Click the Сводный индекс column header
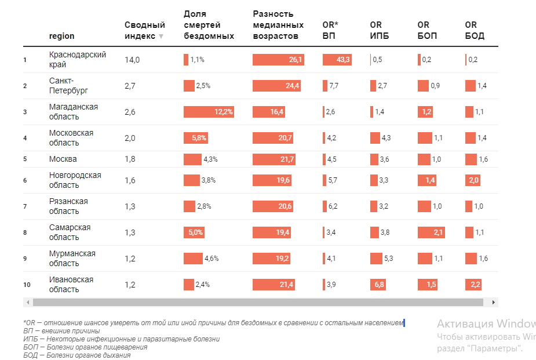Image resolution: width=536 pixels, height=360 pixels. [x=144, y=30]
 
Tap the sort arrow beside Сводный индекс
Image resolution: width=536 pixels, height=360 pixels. [x=161, y=36]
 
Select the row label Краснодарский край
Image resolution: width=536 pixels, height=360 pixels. [x=78, y=60]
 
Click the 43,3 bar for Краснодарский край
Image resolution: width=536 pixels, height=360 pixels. [x=337, y=60]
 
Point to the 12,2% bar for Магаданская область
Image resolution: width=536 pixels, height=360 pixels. [x=209, y=112]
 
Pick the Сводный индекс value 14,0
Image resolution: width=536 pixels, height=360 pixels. [x=132, y=60]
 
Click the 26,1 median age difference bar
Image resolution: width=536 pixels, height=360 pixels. [x=278, y=60]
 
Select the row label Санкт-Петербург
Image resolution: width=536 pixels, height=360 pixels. [x=68, y=86]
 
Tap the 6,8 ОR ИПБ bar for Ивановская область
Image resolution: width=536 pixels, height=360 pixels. [x=378, y=285]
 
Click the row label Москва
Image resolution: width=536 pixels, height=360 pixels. [x=63, y=159]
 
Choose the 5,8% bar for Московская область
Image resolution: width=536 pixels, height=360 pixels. [x=195, y=138]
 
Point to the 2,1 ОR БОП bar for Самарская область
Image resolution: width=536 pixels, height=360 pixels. [x=432, y=232]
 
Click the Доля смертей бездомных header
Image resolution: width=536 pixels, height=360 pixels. [x=209, y=24]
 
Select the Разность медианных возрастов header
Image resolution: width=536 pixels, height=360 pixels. [x=278, y=24]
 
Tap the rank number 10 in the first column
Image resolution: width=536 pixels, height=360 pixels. [x=26, y=285]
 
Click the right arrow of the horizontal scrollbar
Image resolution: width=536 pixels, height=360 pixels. [x=494, y=302]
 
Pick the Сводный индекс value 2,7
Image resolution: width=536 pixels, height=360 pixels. [x=130, y=86]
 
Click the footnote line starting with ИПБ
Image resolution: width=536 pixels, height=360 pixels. [x=122, y=339]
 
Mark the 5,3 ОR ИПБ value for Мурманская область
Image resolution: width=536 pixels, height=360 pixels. [x=389, y=259]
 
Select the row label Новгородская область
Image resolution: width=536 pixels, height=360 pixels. [x=75, y=180]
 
